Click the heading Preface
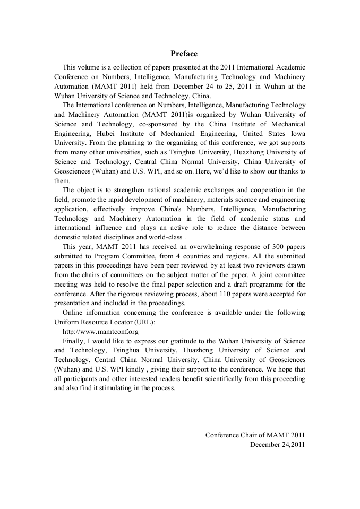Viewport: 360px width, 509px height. coord(184,54)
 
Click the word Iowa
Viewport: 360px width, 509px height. coord(295,133)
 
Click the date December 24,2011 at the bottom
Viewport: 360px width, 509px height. coord(277,445)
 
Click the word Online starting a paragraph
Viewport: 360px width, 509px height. coord(73,313)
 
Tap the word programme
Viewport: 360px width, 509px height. coord(264,284)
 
